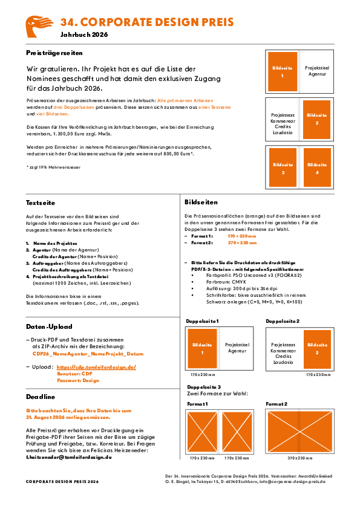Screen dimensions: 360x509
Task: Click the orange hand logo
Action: [38, 26]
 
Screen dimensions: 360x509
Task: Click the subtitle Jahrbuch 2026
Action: [84, 34]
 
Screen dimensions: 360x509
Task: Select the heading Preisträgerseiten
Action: [54, 53]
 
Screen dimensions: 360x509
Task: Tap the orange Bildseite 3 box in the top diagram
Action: [283, 167]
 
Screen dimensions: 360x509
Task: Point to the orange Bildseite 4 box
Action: [317, 167]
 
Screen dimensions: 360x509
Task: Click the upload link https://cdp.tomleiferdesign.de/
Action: [96, 367]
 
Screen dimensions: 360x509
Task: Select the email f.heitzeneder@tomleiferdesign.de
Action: [69, 457]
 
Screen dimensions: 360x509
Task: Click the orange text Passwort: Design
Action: [78, 380]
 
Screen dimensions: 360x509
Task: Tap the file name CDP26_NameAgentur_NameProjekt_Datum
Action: [88, 354]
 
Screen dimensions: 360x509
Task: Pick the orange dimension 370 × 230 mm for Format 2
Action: [242, 243]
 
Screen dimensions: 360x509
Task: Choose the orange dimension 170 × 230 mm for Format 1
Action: [242, 236]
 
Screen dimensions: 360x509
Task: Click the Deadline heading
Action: [41, 397]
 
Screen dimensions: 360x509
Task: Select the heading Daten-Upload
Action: [49, 326]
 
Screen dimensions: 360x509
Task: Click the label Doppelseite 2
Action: [283, 321]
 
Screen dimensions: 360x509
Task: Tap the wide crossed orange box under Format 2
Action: [299, 431]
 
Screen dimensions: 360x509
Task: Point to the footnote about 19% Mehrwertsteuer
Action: [53, 167]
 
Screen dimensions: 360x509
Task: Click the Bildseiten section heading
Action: [201, 203]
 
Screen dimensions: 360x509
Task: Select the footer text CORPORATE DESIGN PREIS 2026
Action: [62, 482]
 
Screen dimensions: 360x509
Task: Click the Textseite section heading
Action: [41, 203]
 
